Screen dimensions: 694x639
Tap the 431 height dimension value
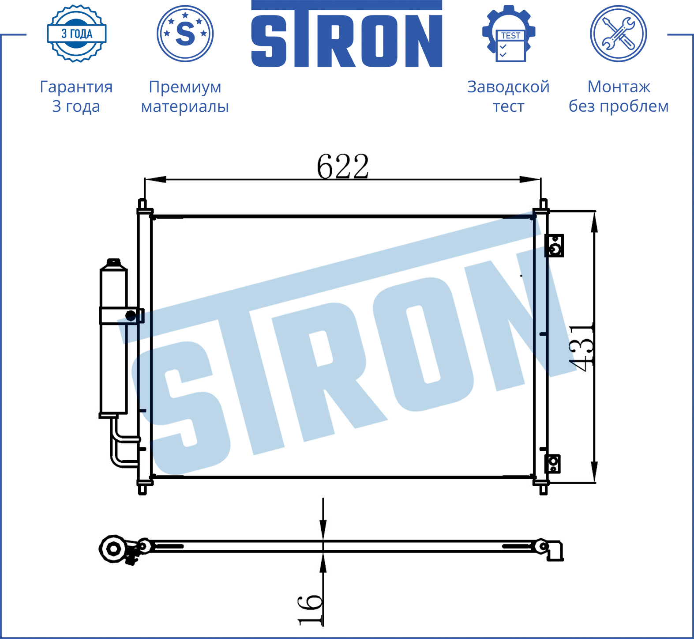581,347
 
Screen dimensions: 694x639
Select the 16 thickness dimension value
310,609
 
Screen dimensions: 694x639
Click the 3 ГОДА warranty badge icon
77,34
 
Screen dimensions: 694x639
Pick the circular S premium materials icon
185,34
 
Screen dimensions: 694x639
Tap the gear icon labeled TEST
509,34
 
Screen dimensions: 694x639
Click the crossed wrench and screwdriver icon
619,34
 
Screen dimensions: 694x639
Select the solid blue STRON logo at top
347,34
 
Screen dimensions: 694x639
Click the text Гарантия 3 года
76,96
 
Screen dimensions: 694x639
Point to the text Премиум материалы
185,96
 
